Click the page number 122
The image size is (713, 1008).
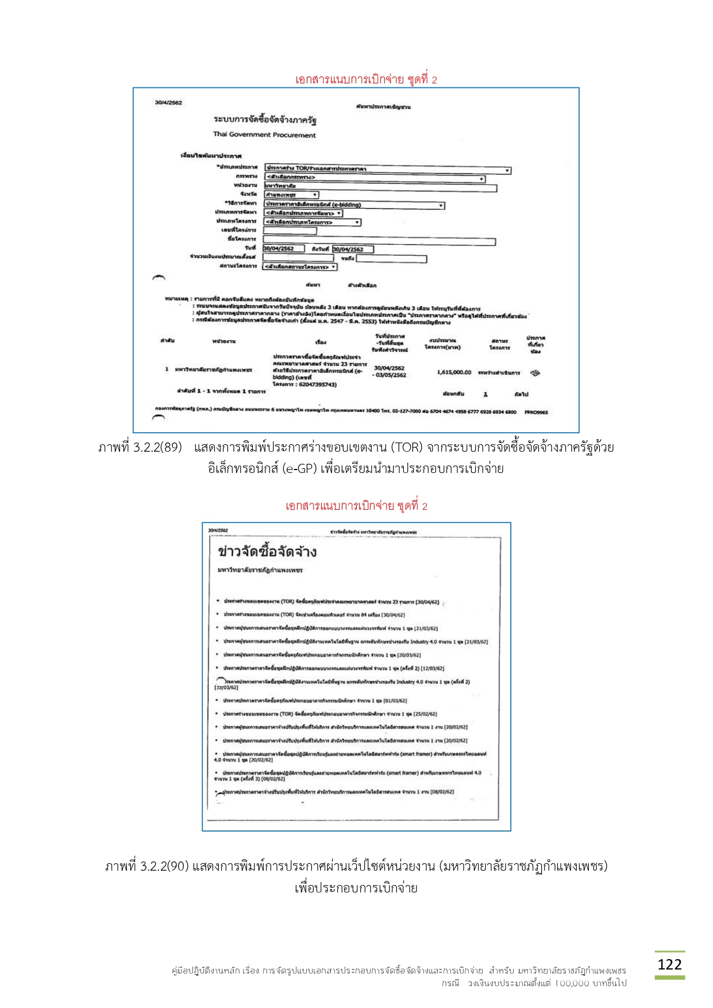pos(669,964)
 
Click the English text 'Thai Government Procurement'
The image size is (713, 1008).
pos(264,135)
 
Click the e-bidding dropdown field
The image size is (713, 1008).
pos(354,205)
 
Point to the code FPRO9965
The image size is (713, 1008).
pos(535,412)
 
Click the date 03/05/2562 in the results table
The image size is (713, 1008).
pos(391,375)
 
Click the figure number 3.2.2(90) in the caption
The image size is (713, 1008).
pos(164,866)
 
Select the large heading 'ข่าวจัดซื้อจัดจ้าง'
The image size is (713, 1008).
pos(267,552)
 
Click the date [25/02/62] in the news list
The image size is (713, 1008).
pos(425,714)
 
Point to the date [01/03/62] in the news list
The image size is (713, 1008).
pos(395,701)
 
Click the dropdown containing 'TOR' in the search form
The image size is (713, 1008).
pos(387,169)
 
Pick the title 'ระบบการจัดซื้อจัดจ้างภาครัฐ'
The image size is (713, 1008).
pos(265,120)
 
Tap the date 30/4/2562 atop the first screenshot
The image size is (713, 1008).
pos(168,103)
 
